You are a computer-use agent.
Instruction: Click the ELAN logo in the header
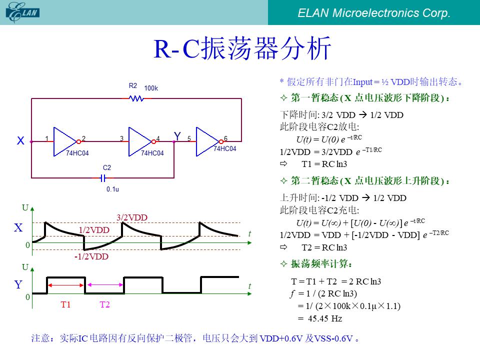22,12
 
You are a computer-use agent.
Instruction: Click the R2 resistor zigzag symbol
136,98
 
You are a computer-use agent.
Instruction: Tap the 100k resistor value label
151,88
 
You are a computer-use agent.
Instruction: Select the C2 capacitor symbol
103,178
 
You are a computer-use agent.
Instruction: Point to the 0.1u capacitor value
112,189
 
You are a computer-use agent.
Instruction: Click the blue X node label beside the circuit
20,140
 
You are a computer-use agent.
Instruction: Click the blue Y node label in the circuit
177,136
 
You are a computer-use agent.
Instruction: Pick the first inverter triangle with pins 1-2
65,141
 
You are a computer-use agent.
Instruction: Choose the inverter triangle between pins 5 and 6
208,141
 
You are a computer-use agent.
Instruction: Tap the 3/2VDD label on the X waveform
132,217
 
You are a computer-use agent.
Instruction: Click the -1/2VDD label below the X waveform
91,256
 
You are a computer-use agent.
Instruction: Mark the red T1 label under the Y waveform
65,304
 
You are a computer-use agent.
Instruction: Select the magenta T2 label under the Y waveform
104,304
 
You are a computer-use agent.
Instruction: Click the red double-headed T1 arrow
66,285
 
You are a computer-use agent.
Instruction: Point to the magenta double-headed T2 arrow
105,284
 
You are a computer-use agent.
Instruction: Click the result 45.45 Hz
325,318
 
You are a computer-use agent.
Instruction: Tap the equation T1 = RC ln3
324,164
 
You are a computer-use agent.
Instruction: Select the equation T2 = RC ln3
324,247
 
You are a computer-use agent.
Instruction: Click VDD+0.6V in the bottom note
281,338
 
